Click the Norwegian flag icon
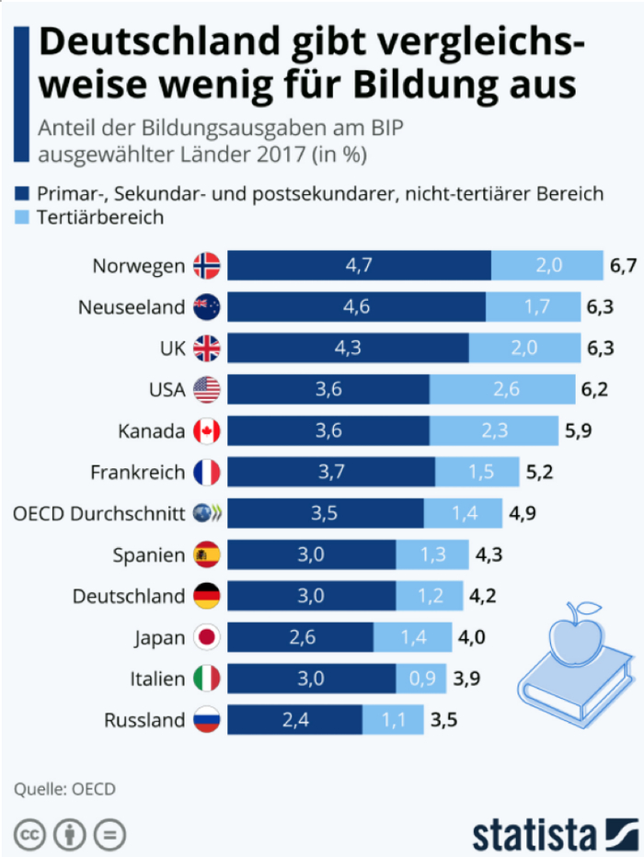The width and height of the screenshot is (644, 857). (207, 266)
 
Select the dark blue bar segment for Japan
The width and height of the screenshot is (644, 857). (300, 637)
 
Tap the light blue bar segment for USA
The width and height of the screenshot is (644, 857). (502, 389)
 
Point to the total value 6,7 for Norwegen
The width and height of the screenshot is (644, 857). (623, 266)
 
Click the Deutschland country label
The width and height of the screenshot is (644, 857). (129, 596)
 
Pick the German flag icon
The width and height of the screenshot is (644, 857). (207, 596)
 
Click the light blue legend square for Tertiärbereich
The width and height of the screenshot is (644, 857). (22, 218)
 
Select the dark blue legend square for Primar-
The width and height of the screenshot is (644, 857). (22, 194)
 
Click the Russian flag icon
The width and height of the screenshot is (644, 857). (207, 720)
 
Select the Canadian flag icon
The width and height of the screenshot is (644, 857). (207, 430)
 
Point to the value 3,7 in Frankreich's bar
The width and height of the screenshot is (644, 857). (330, 472)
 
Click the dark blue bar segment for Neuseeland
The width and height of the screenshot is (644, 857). (356, 307)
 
